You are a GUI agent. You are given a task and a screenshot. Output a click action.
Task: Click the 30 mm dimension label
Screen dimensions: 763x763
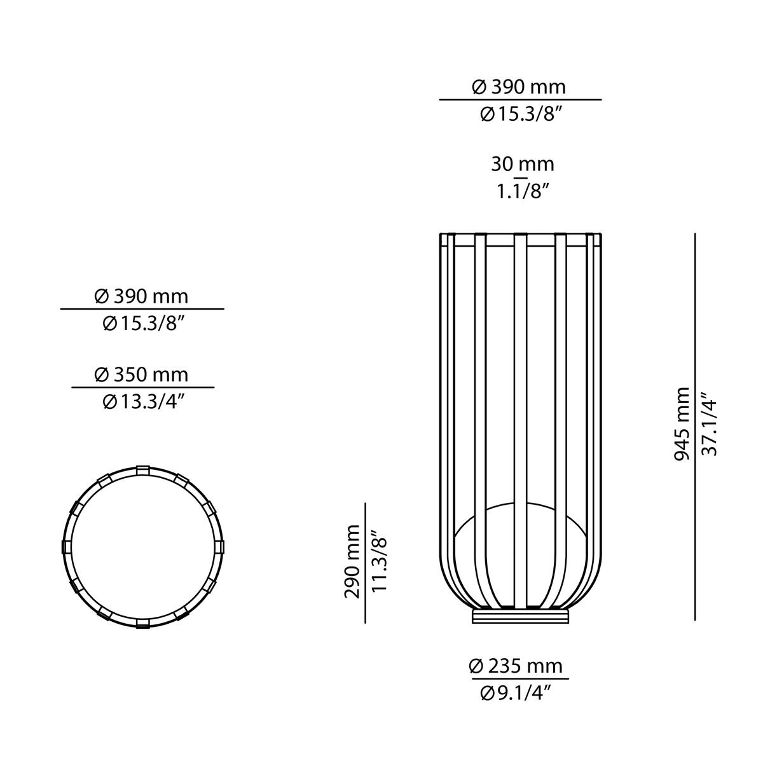[x=522, y=164]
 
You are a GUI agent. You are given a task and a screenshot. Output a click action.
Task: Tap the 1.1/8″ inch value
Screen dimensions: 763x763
[x=522, y=191]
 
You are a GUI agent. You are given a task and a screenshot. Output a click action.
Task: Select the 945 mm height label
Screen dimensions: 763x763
[x=682, y=423]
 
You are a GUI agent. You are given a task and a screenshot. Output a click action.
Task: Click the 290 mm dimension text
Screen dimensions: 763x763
[x=352, y=561]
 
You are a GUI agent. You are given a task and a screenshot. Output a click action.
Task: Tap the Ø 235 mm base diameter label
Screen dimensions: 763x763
[x=516, y=666]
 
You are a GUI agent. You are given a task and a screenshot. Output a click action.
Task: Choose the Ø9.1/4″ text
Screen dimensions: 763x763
[x=516, y=693]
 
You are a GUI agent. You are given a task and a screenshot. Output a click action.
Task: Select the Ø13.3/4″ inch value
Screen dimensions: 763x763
[x=143, y=401]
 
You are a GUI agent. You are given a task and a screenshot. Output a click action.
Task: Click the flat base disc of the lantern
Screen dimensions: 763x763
[x=521, y=616]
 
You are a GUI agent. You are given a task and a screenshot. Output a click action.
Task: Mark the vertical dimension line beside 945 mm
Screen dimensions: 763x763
[x=695, y=426]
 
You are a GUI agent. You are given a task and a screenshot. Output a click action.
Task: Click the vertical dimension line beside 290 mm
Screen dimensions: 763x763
[x=365, y=563]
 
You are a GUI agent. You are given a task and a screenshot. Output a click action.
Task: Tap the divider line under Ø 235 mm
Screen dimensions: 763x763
[x=516, y=679]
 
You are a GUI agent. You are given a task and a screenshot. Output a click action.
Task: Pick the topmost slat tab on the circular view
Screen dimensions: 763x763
[x=142, y=469]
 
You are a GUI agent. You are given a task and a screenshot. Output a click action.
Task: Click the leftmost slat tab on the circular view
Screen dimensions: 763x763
[x=65, y=547]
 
